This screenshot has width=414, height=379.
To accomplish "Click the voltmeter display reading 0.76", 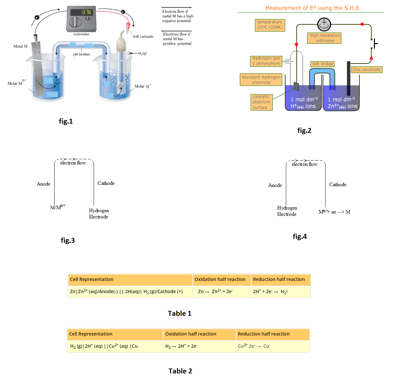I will (x=86, y=12).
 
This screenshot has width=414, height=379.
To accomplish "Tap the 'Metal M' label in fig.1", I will (x=20, y=46).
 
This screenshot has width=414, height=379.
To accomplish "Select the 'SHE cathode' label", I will (x=143, y=37).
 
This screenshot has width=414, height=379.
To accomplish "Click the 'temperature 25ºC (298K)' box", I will (x=270, y=25).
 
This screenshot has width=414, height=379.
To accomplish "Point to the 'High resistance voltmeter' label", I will (x=325, y=38).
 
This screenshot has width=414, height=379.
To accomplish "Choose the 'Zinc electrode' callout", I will (x=366, y=70).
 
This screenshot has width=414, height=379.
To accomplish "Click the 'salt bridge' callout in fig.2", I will (x=323, y=64).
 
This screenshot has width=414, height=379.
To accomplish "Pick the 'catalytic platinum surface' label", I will (x=262, y=102).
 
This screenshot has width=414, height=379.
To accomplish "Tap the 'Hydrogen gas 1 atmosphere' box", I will (x=266, y=61).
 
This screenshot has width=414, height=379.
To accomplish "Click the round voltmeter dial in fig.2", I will (x=324, y=24).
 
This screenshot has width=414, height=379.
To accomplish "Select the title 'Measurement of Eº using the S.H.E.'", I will (x=313, y=8).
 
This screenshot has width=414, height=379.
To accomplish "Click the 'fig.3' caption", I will (x=68, y=240).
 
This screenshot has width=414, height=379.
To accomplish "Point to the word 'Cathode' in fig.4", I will (x=338, y=185).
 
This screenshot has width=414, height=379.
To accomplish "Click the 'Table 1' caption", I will (x=179, y=314).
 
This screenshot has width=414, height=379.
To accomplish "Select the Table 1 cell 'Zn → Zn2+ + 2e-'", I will (x=215, y=291).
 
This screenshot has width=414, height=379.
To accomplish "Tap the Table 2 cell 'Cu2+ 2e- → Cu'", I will (x=253, y=346).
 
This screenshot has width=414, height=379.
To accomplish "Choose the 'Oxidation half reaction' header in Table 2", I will (x=191, y=334).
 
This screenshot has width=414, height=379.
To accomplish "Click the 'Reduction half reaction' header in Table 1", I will (x=279, y=279).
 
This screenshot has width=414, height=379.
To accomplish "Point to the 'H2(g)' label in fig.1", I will (x=142, y=53).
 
